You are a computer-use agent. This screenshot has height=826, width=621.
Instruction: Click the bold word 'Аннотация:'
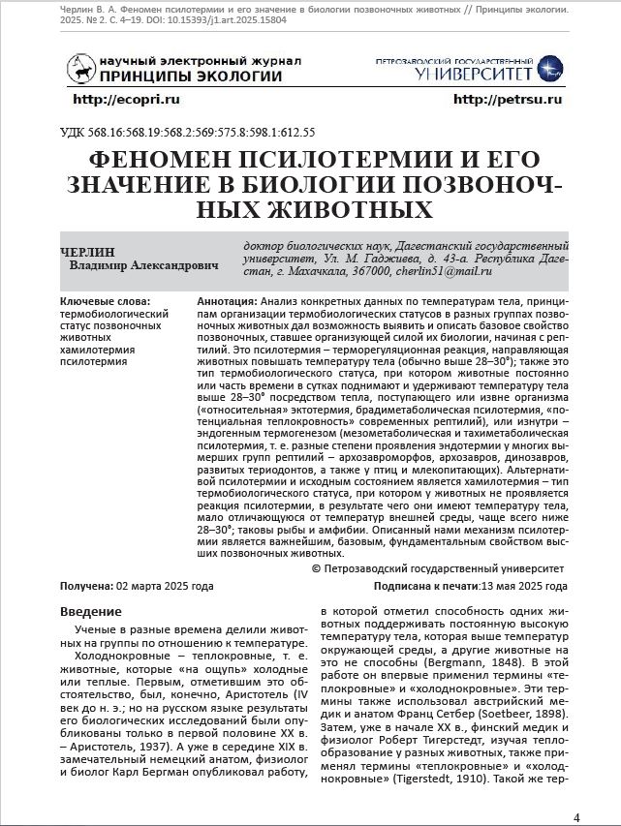click(227, 302)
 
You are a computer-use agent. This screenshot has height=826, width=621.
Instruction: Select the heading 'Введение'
click(91, 611)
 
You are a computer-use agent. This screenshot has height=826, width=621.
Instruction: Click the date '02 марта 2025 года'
click(165, 587)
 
